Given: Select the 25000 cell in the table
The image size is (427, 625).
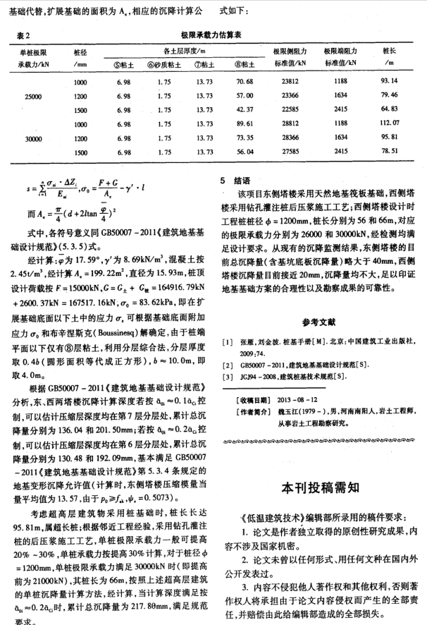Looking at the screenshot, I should click(35, 95).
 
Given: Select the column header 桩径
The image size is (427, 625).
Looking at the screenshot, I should click(80, 51).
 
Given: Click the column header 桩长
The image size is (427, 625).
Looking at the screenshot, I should click(388, 51).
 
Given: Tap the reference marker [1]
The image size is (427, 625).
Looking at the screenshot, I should click(229, 341).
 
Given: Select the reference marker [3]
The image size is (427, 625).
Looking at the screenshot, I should click(229, 377).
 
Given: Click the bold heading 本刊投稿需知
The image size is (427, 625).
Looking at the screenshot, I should click(318, 487).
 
